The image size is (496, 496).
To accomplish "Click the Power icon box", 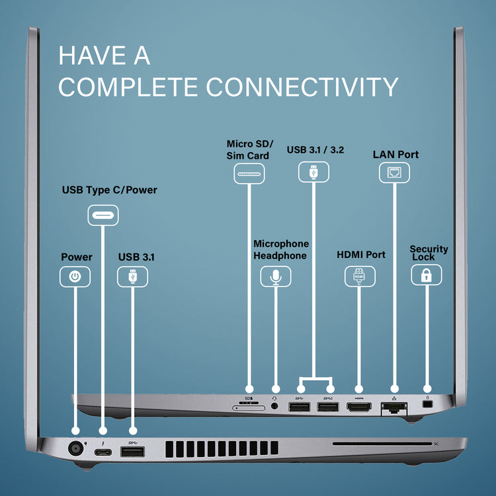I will pyautogui.click(x=75, y=276).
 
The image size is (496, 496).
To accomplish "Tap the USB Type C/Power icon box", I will pyautogui.click(x=103, y=216).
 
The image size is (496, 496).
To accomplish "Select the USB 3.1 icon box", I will pyautogui.click(x=132, y=276).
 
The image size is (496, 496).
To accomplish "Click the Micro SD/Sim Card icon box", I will pyautogui.click(x=249, y=174).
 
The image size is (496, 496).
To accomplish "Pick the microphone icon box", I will pyautogui.click(x=276, y=276).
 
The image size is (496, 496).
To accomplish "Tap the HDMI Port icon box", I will pyautogui.click(x=360, y=276).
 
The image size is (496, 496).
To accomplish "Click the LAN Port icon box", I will pyautogui.click(x=395, y=174).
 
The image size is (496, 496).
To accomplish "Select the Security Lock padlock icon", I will pyautogui.click(x=427, y=275).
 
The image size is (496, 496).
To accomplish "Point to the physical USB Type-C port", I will pyautogui.click(x=103, y=453).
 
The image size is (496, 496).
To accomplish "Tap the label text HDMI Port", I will pyautogui.click(x=361, y=255).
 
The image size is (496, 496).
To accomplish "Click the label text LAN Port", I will pyautogui.click(x=395, y=155).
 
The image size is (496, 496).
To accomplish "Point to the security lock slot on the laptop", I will pyautogui.click(x=427, y=404).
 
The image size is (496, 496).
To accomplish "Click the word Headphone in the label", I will pyautogui.click(x=280, y=256).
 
